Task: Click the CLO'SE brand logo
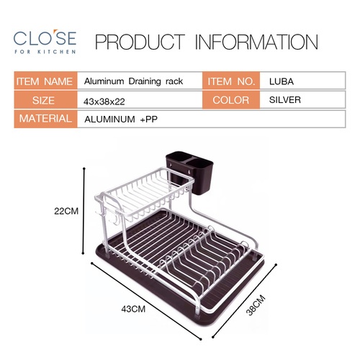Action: click(x=44, y=37)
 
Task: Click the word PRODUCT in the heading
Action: click(x=139, y=42)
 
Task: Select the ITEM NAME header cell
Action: click(x=44, y=81)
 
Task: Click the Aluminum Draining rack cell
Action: click(x=133, y=81)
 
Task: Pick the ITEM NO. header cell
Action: click(x=232, y=81)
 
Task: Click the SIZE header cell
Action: click(x=44, y=100)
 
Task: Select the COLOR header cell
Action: click(x=232, y=100)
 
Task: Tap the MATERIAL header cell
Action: click(x=44, y=119)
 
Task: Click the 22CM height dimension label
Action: click(x=67, y=212)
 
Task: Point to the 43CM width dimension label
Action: click(x=134, y=307)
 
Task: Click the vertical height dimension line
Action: click(x=86, y=212)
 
